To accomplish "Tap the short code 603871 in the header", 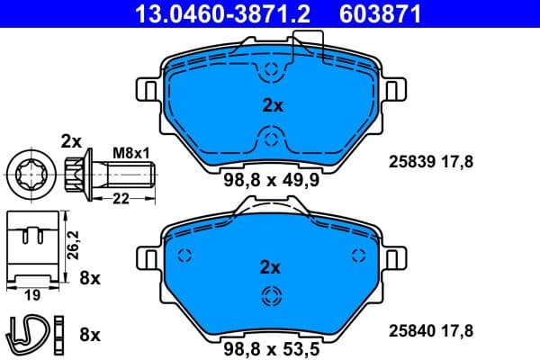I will tap(379, 13).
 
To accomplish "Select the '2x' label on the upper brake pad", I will tap(272, 105).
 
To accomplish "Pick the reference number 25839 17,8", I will tap(429, 162).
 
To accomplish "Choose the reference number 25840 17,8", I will tap(429, 329).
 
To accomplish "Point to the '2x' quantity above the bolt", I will tap(70, 140).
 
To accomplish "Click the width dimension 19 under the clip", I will tap(31, 293).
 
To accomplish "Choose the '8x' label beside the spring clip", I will tap(90, 335).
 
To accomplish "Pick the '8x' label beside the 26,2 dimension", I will tap(90, 278).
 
